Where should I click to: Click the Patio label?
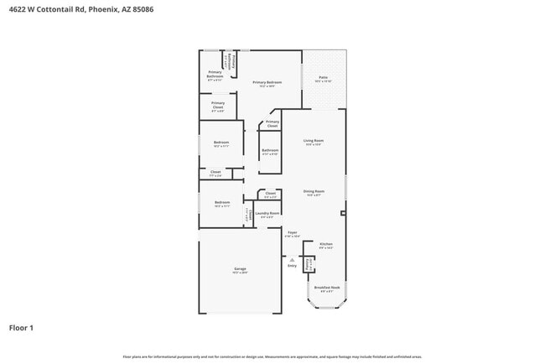point(324,78)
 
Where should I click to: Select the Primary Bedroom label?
point(267,82)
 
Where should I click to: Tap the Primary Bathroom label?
point(215,74)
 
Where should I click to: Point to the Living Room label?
point(314,140)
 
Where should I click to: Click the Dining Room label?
point(314,191)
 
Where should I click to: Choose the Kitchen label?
point(326,244)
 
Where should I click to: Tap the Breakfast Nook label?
point(326,287)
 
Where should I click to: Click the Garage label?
point(240,268)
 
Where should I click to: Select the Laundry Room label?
point(268,215)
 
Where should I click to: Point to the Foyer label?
point(293,232)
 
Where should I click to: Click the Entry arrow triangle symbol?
point(292,258)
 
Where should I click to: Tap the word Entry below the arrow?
point(292,266)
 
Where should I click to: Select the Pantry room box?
point(309,263)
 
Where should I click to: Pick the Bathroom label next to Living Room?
point(270,150)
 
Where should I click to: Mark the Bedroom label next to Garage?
point(221,202)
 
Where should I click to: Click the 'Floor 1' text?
point(21,327)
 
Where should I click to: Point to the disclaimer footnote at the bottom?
point(272,357)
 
